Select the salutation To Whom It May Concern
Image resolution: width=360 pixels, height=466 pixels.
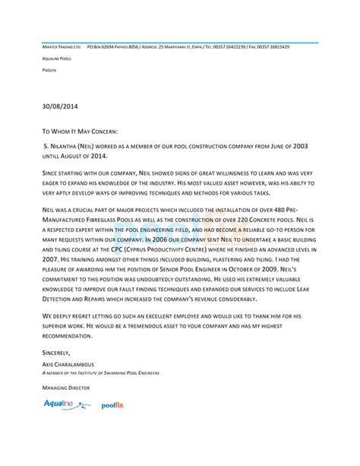(x=80, y=131)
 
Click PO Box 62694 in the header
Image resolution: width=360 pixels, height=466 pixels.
(x=104, y=46)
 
